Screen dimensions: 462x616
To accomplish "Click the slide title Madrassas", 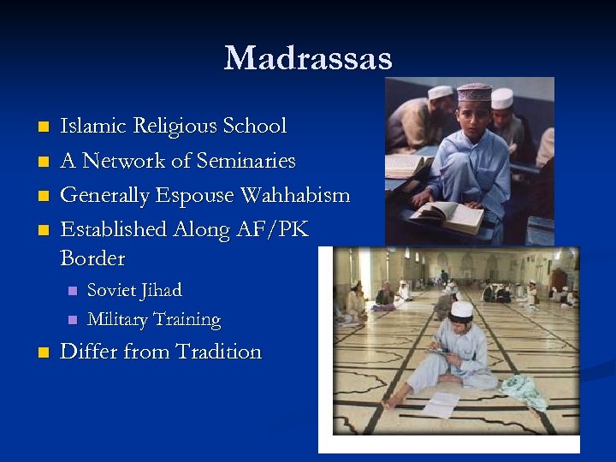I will pos(308,58).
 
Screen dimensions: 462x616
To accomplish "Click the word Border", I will pos(92,258).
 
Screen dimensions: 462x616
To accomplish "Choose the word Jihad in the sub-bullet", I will pos(162,291).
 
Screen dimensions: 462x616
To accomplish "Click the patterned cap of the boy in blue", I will pos(473,92).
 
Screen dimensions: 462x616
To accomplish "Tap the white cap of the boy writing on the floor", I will pos(462,309).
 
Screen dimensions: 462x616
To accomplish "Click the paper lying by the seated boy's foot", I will pos(441,404).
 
